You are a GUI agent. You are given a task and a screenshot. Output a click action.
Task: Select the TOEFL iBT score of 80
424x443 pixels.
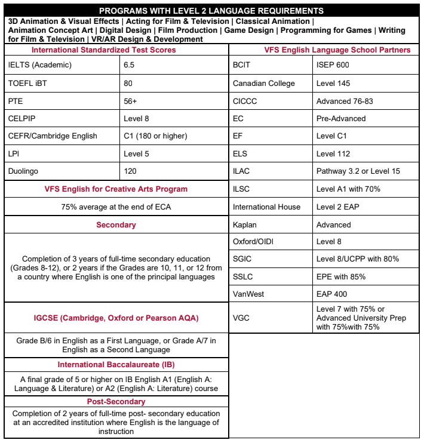click(x=128, y=83)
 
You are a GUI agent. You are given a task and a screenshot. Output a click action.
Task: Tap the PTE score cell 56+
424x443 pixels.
click(x=130, y=101)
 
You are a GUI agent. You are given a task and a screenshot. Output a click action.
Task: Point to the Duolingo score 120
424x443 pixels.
click(x=130, y=171)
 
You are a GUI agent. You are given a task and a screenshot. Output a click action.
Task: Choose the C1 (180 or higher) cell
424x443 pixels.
click(x=155, y=136)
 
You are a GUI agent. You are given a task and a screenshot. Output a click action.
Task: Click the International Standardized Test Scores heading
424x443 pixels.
click(x=103, y=50)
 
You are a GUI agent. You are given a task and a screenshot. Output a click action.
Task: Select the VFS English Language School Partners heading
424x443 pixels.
click(x=337, y=50)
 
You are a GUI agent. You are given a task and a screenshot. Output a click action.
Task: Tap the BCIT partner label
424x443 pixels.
click(x=241, y=64)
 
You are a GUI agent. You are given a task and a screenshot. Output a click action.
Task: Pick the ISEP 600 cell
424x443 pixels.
click(x=333, y=64)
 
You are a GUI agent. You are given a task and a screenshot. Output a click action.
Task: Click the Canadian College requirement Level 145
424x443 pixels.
click(x=333, y=83)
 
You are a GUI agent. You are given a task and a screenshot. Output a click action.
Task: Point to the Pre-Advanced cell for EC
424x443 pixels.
click(x=340, y=118)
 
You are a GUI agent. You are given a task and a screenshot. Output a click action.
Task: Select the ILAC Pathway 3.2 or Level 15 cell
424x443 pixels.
click(x=358, y=171)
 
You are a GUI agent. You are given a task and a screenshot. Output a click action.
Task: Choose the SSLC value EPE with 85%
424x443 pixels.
click(x=341, y=276)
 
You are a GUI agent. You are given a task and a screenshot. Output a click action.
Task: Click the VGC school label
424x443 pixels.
click(x=241, y=317)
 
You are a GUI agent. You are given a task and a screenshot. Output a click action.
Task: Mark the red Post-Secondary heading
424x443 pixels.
click(x=116, y=402)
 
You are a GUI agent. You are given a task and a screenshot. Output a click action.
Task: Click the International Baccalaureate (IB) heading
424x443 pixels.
click(x=116, y=364)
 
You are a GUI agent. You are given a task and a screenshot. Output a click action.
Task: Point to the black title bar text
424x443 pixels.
click(x=211, y=11)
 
